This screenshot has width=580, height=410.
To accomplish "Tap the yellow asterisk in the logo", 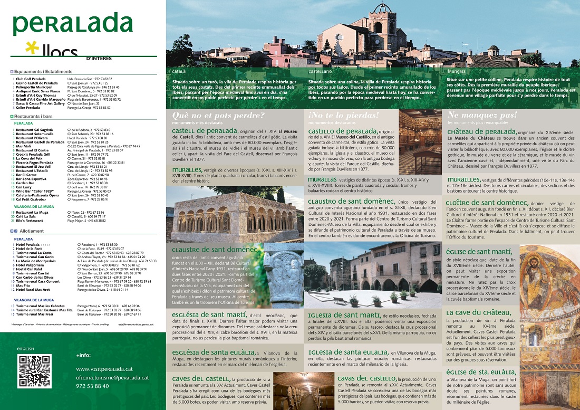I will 33,50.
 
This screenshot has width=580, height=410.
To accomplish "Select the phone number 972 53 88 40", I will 92,386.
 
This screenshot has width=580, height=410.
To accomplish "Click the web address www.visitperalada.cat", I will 107,369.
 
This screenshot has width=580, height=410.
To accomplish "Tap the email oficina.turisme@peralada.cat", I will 112,377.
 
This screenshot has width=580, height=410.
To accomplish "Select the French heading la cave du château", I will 478,313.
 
